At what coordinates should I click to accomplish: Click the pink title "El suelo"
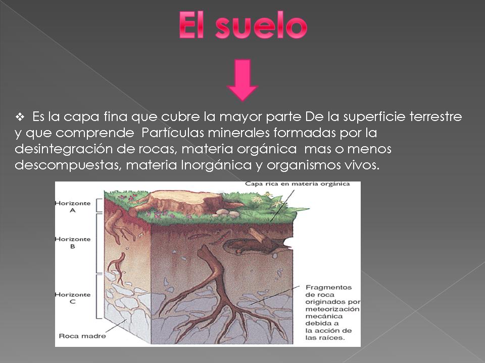point(243,26)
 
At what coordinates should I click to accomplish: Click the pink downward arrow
point(243,80)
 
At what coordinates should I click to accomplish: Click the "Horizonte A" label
point(72,207)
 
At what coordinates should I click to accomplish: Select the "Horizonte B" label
point(72,243)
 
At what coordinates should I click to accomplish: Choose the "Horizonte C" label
point(72,298)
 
